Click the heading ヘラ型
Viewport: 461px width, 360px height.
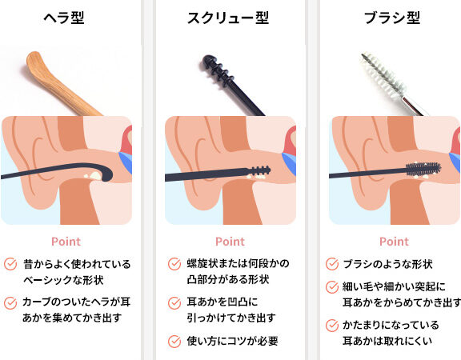[64, 18]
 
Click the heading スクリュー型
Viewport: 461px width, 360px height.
[228, 18]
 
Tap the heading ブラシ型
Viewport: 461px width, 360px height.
[392, 18]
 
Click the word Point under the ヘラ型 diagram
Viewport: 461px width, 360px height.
[66, 242]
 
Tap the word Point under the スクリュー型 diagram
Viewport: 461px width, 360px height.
[230, 242]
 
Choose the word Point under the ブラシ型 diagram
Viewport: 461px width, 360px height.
[394, 242]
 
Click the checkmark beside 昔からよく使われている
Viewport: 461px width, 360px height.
[10, 264]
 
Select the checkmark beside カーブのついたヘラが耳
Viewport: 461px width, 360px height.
[10, 302]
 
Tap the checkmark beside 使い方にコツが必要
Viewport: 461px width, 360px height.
[174, 341]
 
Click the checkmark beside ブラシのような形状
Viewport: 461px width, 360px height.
[332, 264]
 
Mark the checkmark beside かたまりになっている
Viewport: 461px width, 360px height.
[332, 326]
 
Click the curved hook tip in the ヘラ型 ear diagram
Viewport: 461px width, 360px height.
[106, 174]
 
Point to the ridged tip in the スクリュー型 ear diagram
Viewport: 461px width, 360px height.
[260, 170]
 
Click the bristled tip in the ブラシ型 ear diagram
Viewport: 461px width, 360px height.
[423, 170]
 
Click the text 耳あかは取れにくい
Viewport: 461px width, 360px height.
[387, 341]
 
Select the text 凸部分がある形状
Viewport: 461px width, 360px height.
[228, 279]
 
